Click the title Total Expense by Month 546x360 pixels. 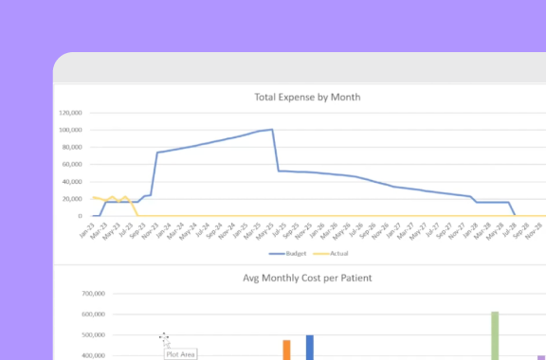[x=307, y=97]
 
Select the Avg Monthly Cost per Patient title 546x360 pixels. [x=306, y=278]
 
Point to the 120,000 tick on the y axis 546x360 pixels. [x=70, y=113]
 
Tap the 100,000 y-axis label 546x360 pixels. [x=70, y=130]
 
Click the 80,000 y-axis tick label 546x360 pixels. [x=72, y=147]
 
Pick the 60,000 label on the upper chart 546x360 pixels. [x=72, y=164]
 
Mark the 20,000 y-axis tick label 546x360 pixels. [x=72, y=199]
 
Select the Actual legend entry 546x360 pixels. [x=324, y=254]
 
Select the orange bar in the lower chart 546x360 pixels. [x=286, y=350]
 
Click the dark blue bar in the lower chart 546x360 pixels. [x=309, y=347]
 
